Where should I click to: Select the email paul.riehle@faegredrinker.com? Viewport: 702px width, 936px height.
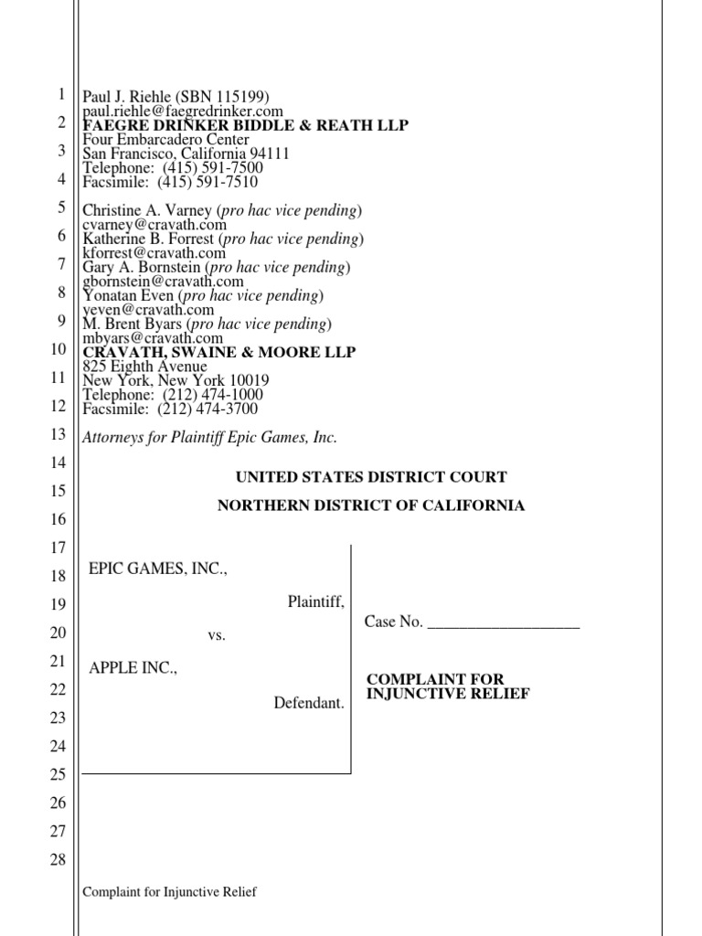183,112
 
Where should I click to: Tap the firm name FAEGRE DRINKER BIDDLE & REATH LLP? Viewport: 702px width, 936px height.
246,125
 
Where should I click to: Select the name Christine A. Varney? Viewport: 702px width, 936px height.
148,211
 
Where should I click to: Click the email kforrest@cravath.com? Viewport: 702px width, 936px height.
154,253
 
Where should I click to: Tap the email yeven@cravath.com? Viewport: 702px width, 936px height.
148,310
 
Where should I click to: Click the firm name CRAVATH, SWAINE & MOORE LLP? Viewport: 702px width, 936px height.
219,352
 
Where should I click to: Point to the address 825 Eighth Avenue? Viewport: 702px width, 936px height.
145,367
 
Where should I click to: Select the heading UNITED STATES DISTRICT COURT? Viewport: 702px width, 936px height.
371,477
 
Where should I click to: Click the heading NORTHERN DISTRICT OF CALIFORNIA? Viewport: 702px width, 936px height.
371,505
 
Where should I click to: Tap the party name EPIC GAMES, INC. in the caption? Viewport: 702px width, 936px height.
157,569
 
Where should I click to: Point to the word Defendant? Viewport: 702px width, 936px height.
309,703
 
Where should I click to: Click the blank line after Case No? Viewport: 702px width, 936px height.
504,622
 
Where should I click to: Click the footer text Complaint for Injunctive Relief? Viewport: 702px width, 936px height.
170,892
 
